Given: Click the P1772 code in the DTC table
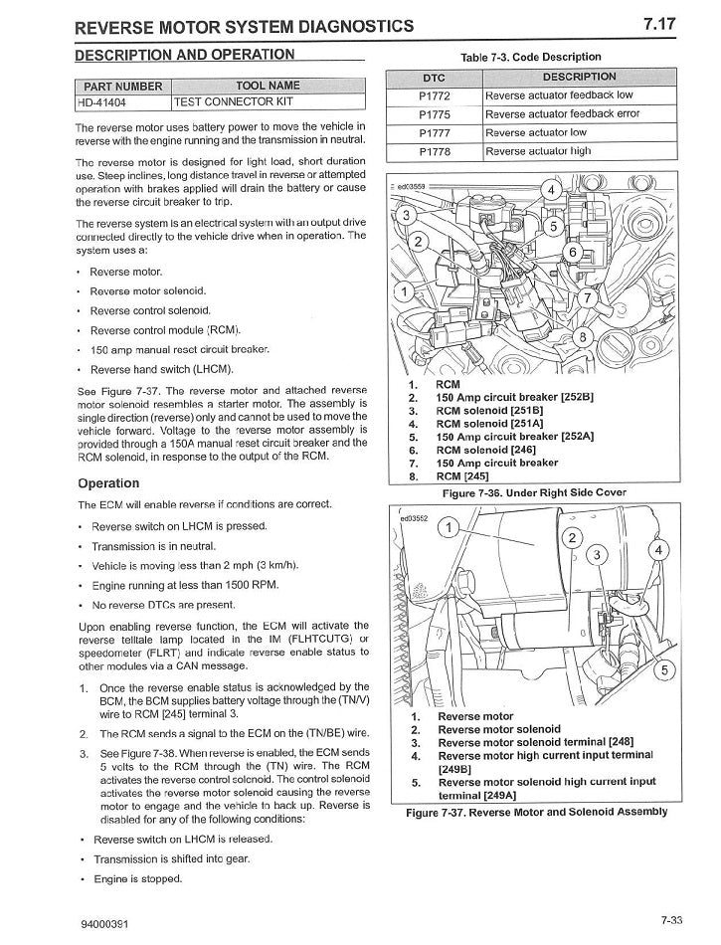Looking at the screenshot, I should (435, 95).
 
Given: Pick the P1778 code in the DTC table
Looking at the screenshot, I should (435, 151).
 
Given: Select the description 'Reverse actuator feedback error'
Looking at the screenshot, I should (562, 114).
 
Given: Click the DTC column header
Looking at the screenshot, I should (435, 78).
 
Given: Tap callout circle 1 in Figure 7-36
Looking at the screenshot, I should (404, 291).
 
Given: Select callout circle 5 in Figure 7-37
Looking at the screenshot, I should (664, 668).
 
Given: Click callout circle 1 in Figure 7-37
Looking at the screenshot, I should (448, 527).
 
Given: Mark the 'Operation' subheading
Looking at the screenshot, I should (108, 483).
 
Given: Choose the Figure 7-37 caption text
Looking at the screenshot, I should (537, 812).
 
